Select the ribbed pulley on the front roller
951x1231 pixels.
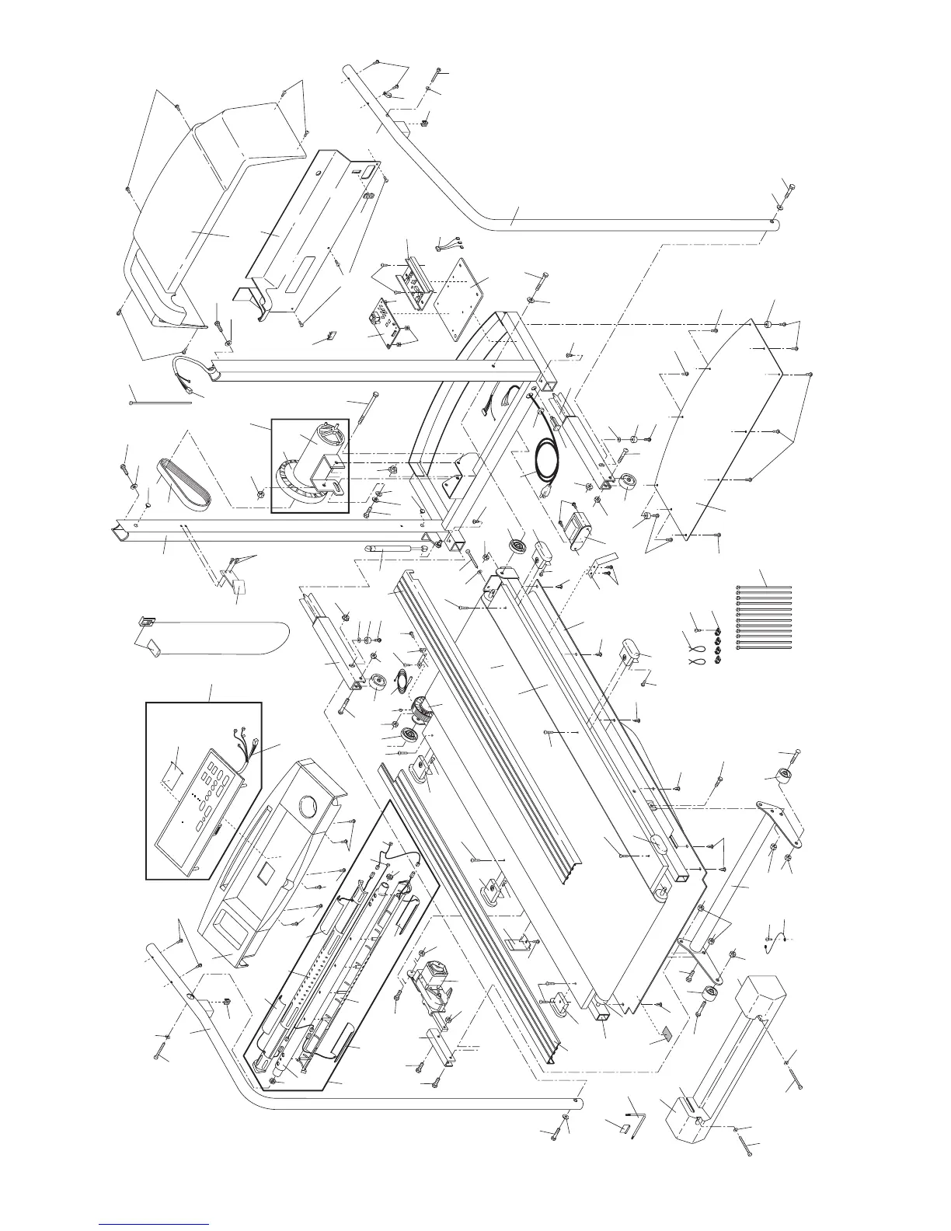click(420, 707)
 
